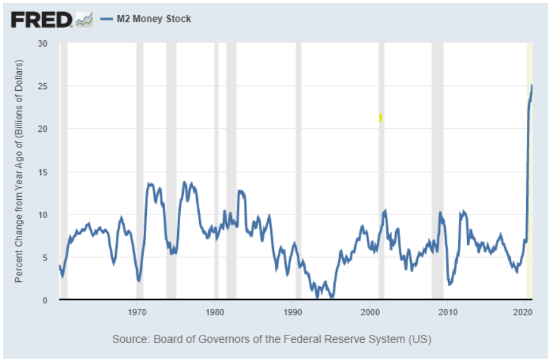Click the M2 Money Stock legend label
(x=154, y=19)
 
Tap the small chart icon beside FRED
(x=84, y=20)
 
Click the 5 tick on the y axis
(x=45, y=257)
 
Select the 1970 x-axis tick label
(x=137, y=311)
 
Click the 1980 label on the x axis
(x=215, y=311)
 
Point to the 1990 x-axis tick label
(x=292, y=311)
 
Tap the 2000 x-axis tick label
(x=370, y=311)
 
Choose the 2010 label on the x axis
(x=447, y=311)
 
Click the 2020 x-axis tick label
(x=525, y=311)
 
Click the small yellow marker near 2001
(x=381, y=118)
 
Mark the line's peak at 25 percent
(x=532, y=85)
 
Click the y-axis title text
(x=20, y=171)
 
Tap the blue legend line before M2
(x=106, y=19)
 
